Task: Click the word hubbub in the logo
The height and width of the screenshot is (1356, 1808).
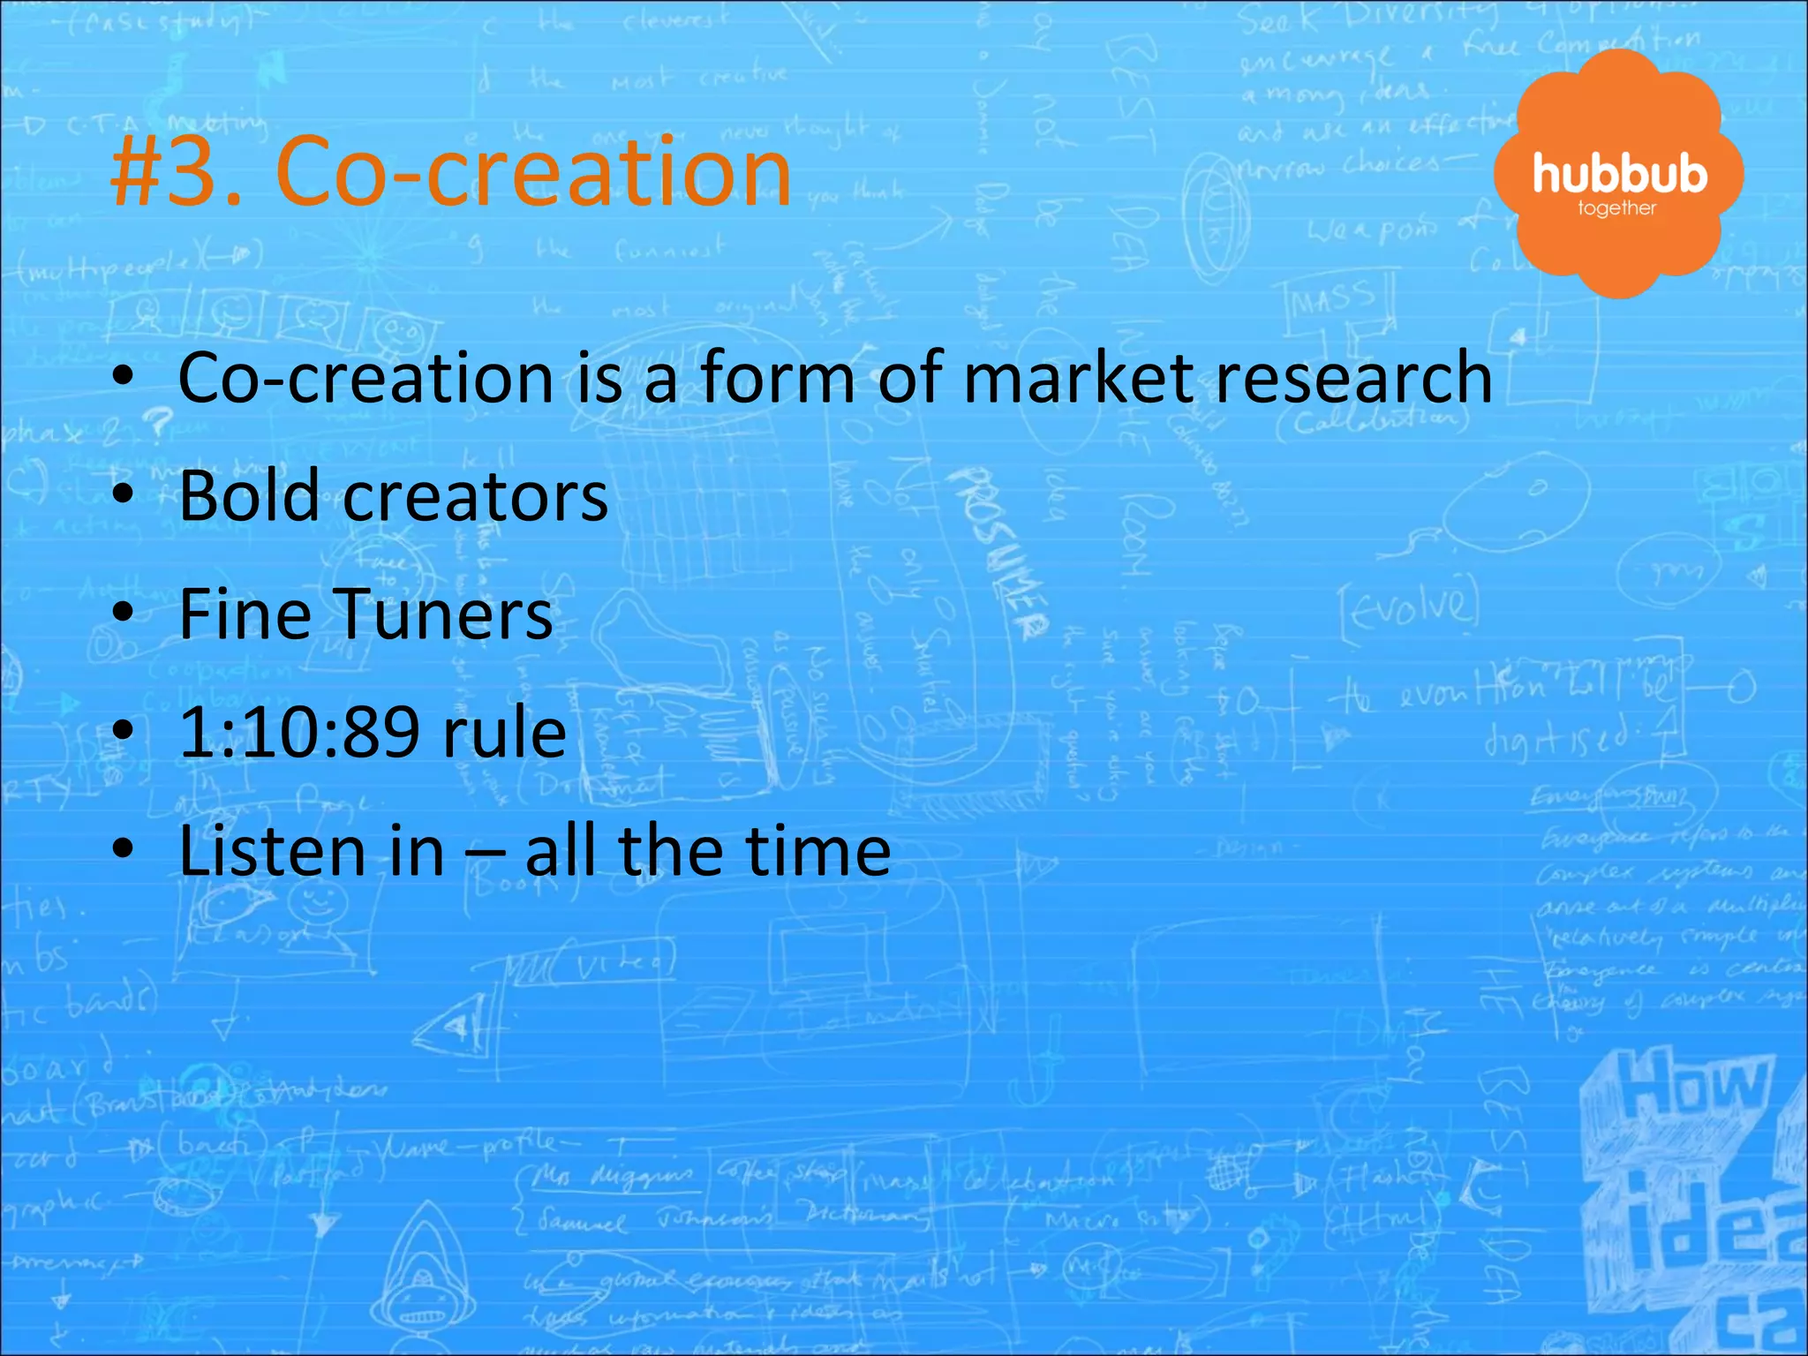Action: click(x=1619, y=174)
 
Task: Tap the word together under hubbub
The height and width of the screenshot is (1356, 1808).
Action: click(x=1616, y=209)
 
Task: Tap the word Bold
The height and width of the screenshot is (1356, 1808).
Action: click(x=249, y=496)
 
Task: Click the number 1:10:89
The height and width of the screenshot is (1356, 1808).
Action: click(x=298, y=733)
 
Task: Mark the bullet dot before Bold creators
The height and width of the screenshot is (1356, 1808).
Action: click(x=124, y=494)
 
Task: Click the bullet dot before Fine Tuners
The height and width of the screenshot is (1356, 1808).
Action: click(x=124, y=612)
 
